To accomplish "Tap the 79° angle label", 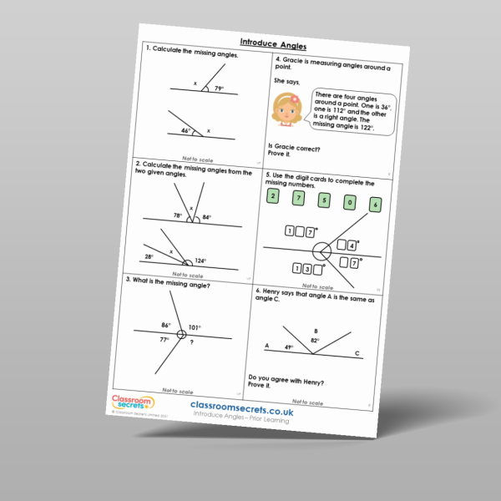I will pos(218,89).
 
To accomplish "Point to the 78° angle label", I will pos(177,215).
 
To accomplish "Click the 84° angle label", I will pos(207,218).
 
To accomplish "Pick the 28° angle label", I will pos(149,256).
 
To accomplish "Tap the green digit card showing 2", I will pos(271,196).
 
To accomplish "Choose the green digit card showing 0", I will pos(349,201).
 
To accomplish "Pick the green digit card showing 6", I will pos(376,204).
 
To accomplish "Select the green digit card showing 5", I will pos(324,200).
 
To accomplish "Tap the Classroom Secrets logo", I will pos(128,402).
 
